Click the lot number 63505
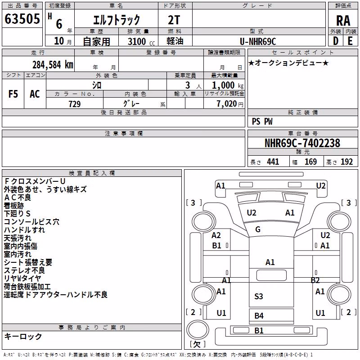[22, 19]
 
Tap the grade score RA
[343, 21]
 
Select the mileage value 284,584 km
[53, 65]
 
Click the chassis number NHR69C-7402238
[302, 143]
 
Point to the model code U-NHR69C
[258, 41]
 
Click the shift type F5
[13, 94]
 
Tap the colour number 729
[75, 104]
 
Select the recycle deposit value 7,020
[227, 104]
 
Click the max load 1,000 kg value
[227, 85]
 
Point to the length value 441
[273, 162]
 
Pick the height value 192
[346, 162]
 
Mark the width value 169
[310, 162]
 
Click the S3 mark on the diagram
[258, 297]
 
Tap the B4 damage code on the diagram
[259, 316]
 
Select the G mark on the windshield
[258, 229]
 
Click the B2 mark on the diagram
[315, 280]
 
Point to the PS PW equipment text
[262, 121]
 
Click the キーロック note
[23, 337]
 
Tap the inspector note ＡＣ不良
[18, 198]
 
